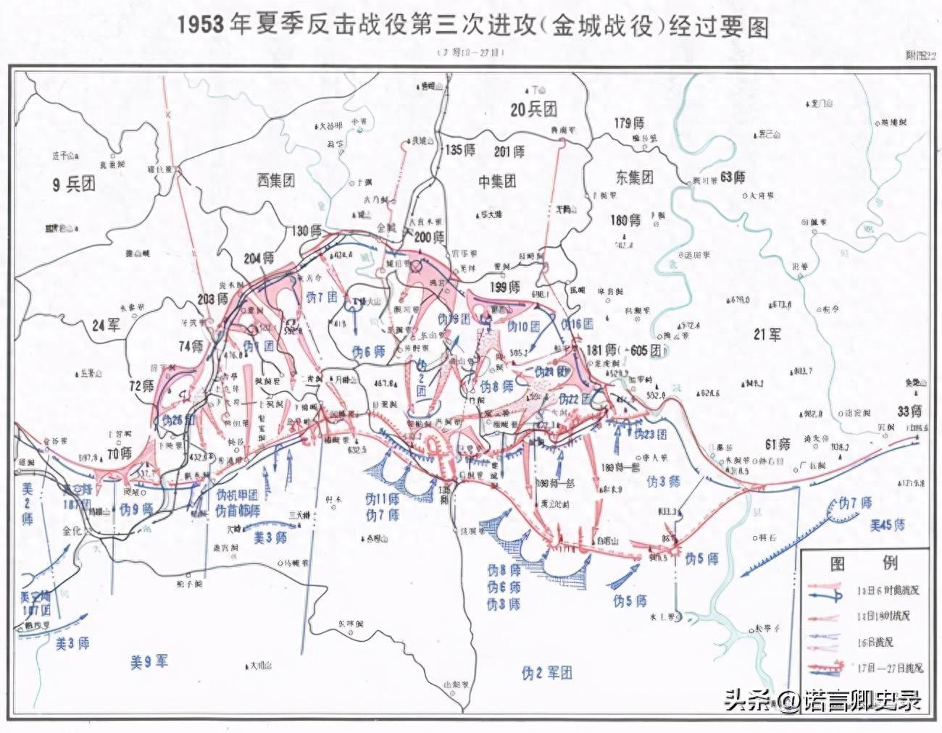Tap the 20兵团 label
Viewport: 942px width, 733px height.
pyautogui.click(x=533, y=109)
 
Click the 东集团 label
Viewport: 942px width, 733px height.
pyautogui.click(x=634, y=177)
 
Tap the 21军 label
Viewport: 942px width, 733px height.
pyautogui.click(x=766, y=334)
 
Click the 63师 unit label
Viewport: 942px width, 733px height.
pyautogui.click(x=733, y=176)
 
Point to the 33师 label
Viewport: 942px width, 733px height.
pyautogui.click(x=909, y=411)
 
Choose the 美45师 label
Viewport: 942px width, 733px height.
pyautogui.click(x=887, y=524)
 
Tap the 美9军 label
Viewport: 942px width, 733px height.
pyautogui.click(x=149, y=661)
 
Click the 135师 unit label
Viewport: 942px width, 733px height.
pyautogui.click(x=461, y=151)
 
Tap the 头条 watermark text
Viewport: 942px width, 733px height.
pyautogui.click(x=743, y=700)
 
